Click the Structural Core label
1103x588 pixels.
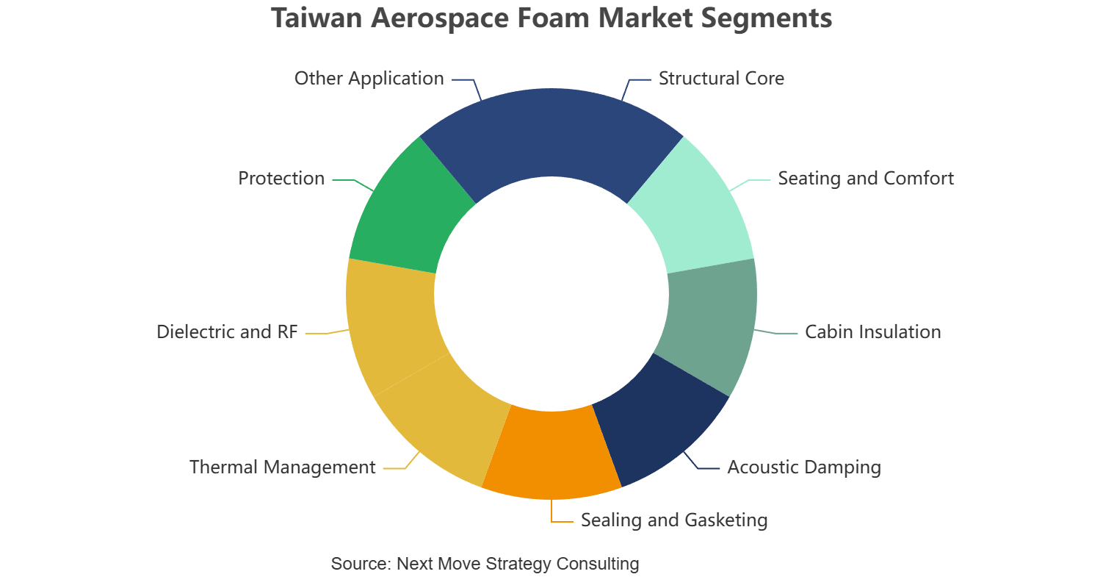click(721, 79)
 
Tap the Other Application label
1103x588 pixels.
click(369, 79)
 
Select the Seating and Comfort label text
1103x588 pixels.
click(866, 179)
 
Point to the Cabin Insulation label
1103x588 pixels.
click(873, 332)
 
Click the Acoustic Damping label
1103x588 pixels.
click(804, 467)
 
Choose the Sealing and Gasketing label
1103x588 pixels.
click(674, 520)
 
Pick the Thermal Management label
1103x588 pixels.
click(283, 467)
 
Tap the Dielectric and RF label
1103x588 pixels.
click(227, 332)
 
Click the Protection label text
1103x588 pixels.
click(281, 179)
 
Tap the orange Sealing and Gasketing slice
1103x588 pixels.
click(551, 453)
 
